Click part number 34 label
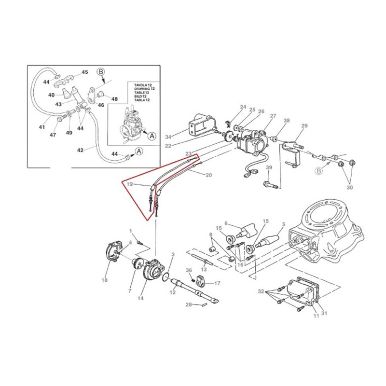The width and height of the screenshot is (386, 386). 168,136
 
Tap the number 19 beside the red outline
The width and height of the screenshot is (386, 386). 129,184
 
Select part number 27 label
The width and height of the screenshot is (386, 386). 273,116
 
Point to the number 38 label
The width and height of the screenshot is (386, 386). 287,121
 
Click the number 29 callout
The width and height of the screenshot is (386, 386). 304,126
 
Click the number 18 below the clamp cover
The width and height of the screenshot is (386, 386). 105,280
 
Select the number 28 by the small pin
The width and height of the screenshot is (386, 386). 189,304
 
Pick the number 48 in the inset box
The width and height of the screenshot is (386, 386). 114,99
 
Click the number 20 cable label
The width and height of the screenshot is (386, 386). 209,175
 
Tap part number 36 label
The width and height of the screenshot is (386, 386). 189,270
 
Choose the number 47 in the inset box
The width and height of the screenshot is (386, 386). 53,135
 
